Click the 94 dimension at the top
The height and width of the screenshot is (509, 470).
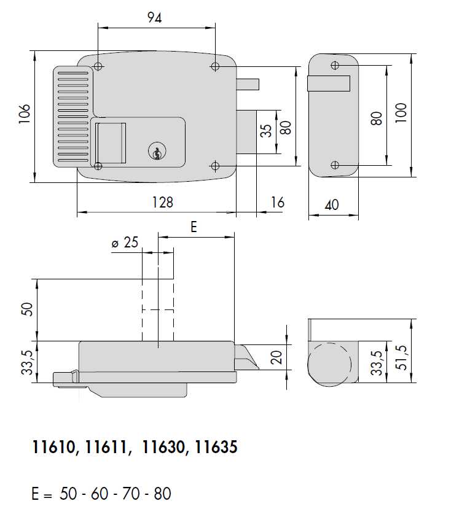click(154, 18)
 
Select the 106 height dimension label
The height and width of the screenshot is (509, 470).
click(24, 115)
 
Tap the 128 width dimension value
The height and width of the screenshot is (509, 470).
click(162, 203)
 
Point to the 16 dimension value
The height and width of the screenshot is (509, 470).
click(277, 203)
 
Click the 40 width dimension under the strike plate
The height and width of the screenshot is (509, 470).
click(331, 204)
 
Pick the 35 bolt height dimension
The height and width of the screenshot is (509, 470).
click(266, 131)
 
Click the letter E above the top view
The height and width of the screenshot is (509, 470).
click(193, 227)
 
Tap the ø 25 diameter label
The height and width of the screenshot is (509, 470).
click(125, 243)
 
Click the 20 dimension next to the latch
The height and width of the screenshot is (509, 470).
click(277, 357)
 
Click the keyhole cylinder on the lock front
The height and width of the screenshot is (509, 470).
click(157, 152)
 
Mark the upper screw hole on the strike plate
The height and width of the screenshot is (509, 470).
click(334, 65)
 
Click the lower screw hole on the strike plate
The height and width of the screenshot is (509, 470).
click(334, 165)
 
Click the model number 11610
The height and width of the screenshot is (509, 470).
click(54, 448)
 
